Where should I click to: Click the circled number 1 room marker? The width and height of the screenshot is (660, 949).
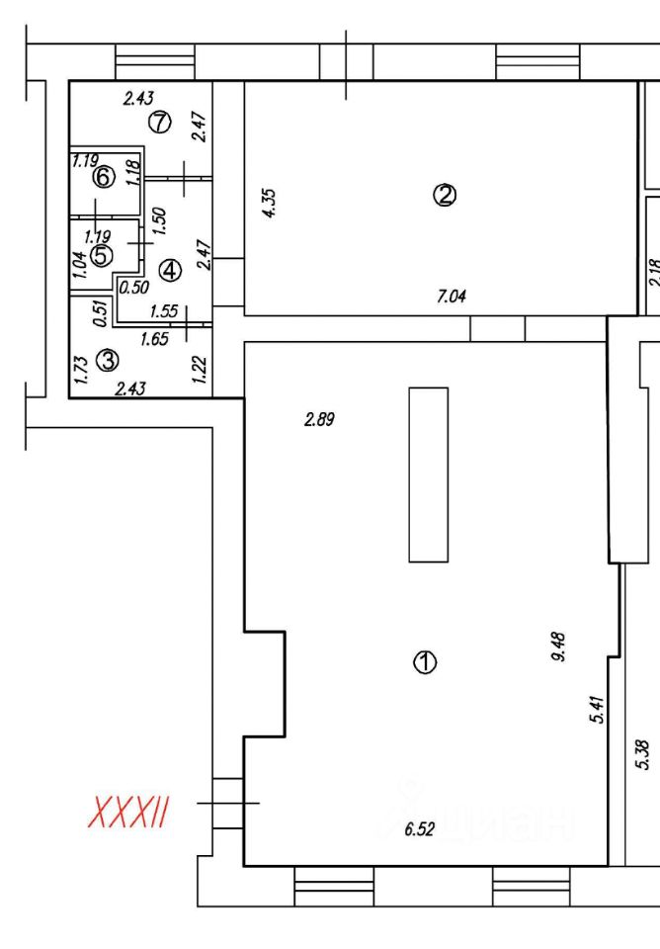tap(425, 662)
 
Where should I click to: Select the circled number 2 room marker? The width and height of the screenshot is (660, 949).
tap(445, 195)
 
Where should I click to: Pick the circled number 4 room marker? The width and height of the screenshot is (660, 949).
tap(170, 269)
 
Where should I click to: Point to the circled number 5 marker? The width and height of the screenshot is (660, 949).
tap(100, 256)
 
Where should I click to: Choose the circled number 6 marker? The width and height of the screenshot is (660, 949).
tap(104, 178)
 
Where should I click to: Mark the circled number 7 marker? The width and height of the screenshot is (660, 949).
tap(159, 122)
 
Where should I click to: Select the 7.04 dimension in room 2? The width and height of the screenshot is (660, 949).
tap(452, 296)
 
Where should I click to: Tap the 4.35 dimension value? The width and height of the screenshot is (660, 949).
tap(271, 202)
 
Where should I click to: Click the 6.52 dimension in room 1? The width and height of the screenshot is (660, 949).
tap(420, 829)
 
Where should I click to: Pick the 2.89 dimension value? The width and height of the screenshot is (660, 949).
tap(320, 419)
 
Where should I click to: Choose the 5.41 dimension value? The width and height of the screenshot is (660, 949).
tap(596, 710)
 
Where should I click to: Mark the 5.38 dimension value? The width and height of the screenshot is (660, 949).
tap(643, 755)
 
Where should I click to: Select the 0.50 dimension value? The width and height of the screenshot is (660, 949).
tap(133, 288)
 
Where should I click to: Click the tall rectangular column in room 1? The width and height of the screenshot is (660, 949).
tap(428, 474)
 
